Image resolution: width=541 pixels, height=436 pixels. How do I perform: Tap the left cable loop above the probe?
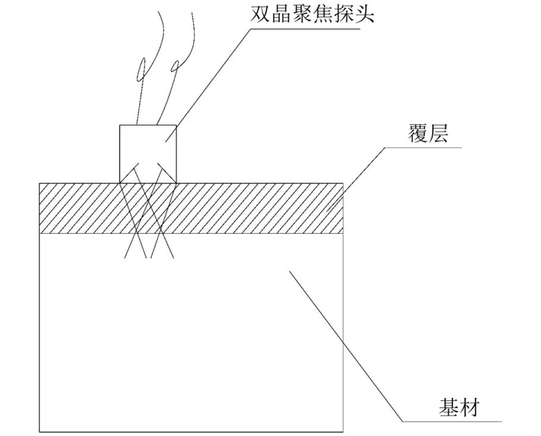point(141,68)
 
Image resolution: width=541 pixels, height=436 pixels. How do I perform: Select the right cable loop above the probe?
point(175,66)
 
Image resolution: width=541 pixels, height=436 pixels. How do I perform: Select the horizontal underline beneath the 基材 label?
point(460,420)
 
